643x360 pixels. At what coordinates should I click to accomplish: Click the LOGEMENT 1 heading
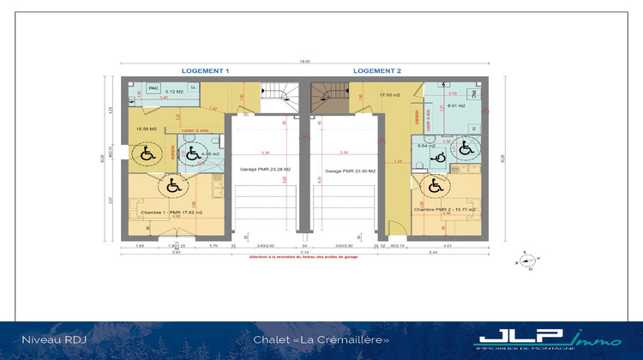(x=205, y=70)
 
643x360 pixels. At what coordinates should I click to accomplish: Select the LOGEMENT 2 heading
(x=377, y=70)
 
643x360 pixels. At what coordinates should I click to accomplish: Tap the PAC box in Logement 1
(x=154, y=88)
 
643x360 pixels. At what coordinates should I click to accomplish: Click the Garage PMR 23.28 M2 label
(x=265, y=170)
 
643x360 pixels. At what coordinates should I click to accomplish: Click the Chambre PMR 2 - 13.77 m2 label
(x=444, y=209)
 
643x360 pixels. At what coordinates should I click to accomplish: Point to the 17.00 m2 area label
(x=390, y=95)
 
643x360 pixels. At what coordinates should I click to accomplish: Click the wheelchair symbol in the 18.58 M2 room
(x=145, y=154)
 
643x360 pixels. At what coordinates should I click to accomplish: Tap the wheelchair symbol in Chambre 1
(x=172, y=183)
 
